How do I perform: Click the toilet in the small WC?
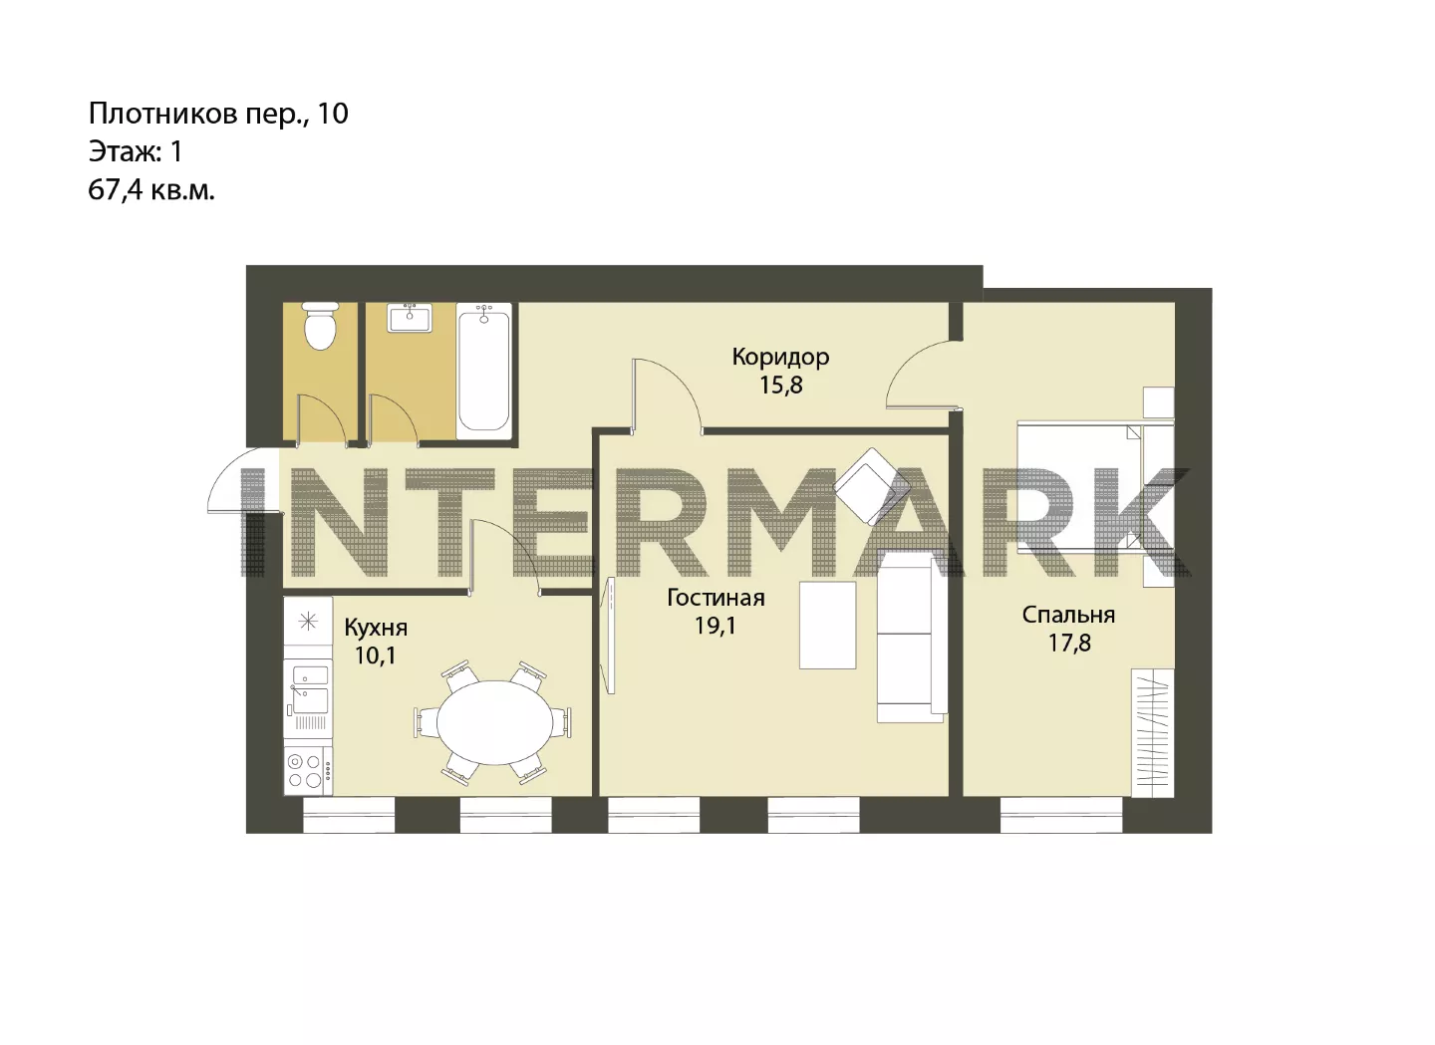point(320,327)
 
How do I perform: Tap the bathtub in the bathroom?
point(484,371)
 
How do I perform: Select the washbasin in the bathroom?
point(410,318)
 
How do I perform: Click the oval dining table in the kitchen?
point(494,722)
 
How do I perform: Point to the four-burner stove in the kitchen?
point(308,771)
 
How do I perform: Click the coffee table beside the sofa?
point(828,626)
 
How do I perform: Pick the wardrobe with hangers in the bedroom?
point(1152,732)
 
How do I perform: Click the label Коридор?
point(780,357)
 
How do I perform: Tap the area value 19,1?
point(716,626)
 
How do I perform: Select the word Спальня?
point(1068,615)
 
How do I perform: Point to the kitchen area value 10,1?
point(376,655)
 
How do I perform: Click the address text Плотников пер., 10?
point(218,114)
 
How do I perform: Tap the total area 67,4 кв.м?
point(151,190)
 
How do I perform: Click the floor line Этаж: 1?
point(136,151)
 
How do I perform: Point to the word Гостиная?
point(716,598)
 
